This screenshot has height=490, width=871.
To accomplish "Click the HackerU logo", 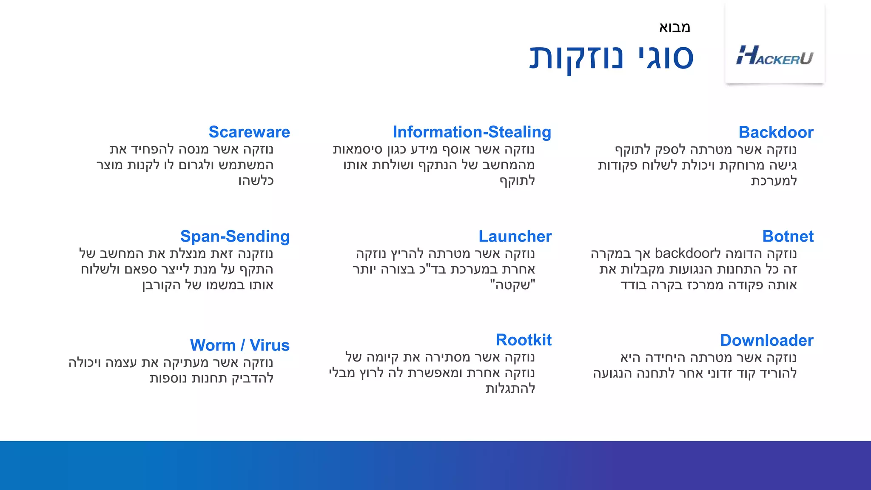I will tap(774, 56).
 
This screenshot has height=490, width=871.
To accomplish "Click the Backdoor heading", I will tap(776, 132).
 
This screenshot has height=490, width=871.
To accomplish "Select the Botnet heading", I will tap(788, 236).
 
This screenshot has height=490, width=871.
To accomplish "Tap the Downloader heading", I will tap(766, 340).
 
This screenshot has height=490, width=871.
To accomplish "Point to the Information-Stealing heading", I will tap(472, 132).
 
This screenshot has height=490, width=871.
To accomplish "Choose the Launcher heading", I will tap(515, 236).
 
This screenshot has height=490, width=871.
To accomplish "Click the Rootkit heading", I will tap(524, 340).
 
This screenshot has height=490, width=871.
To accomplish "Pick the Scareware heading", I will tap(249, 132).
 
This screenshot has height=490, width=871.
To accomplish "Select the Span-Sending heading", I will tap(235, 236).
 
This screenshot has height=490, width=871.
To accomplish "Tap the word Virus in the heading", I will tap(269, 345).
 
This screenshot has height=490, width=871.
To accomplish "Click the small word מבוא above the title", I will tap(675, 27).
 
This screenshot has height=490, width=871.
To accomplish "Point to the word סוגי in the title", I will tap(666, 57).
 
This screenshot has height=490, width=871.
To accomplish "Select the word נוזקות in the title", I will tap(576, 57).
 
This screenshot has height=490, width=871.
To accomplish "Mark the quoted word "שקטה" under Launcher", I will tap(512, 285).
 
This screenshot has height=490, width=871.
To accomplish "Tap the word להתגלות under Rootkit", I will tap(510, 388).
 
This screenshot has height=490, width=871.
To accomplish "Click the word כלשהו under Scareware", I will tap(256, 181).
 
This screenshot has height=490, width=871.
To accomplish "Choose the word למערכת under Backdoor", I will tap(774, 181).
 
